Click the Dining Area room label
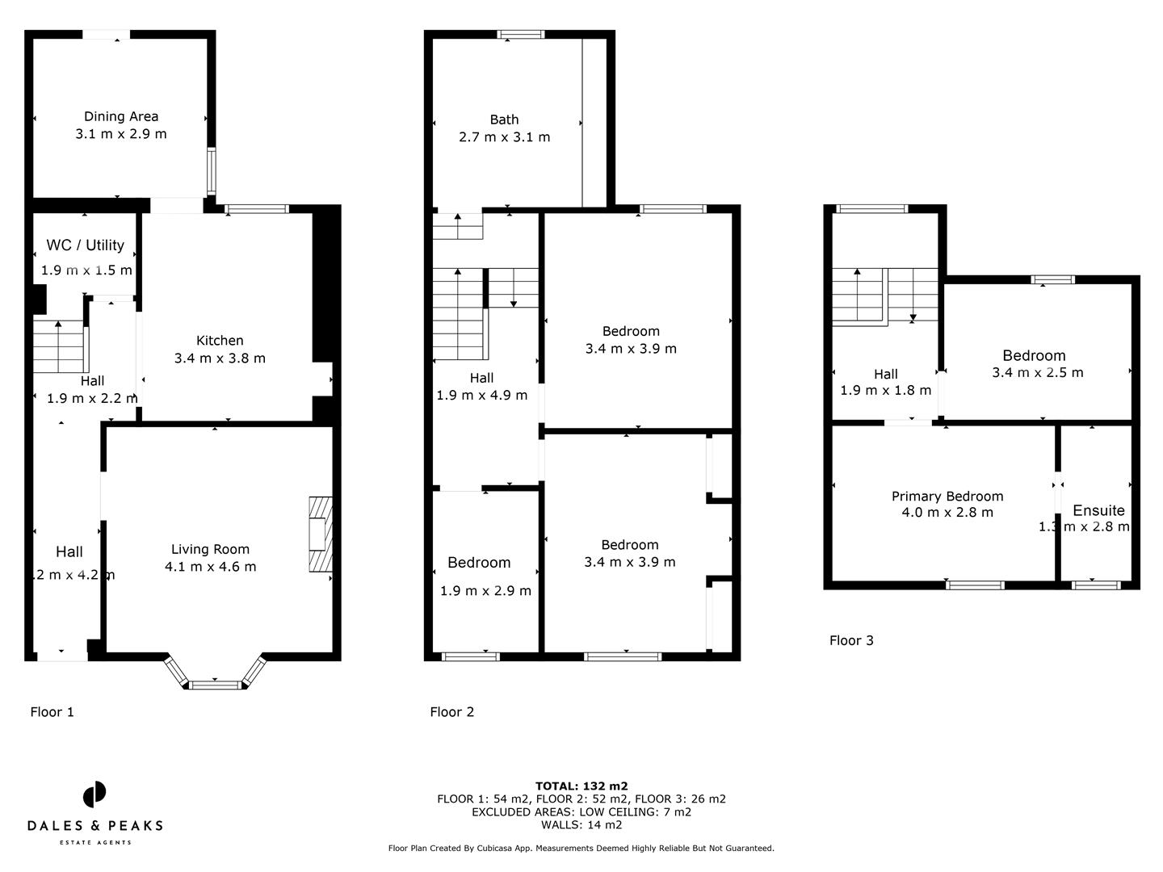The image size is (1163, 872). [121, 116]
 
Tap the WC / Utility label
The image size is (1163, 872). [85, 245]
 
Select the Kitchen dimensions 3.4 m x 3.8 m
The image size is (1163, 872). [220, 358]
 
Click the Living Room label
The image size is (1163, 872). [210, 549]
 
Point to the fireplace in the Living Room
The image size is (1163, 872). [321, 535]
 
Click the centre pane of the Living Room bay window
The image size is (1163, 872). [216, 685]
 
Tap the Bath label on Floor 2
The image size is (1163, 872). [504, 119]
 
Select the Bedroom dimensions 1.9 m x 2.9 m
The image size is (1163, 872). [485, 590]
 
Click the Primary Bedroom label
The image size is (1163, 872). [947, 497]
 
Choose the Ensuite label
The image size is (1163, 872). [1098, 510]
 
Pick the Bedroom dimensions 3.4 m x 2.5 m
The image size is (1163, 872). [1037, 372]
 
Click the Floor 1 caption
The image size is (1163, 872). [52, 711]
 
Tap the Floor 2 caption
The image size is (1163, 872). [451, 711]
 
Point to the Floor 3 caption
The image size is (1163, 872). [851, 640]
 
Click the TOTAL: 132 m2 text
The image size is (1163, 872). [581, 786]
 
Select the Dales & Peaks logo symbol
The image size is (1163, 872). [94, 794]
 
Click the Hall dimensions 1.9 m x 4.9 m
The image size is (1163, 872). [481, 395]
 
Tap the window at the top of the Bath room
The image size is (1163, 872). [521, 35]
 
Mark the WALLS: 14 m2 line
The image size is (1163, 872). [581, 824]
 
